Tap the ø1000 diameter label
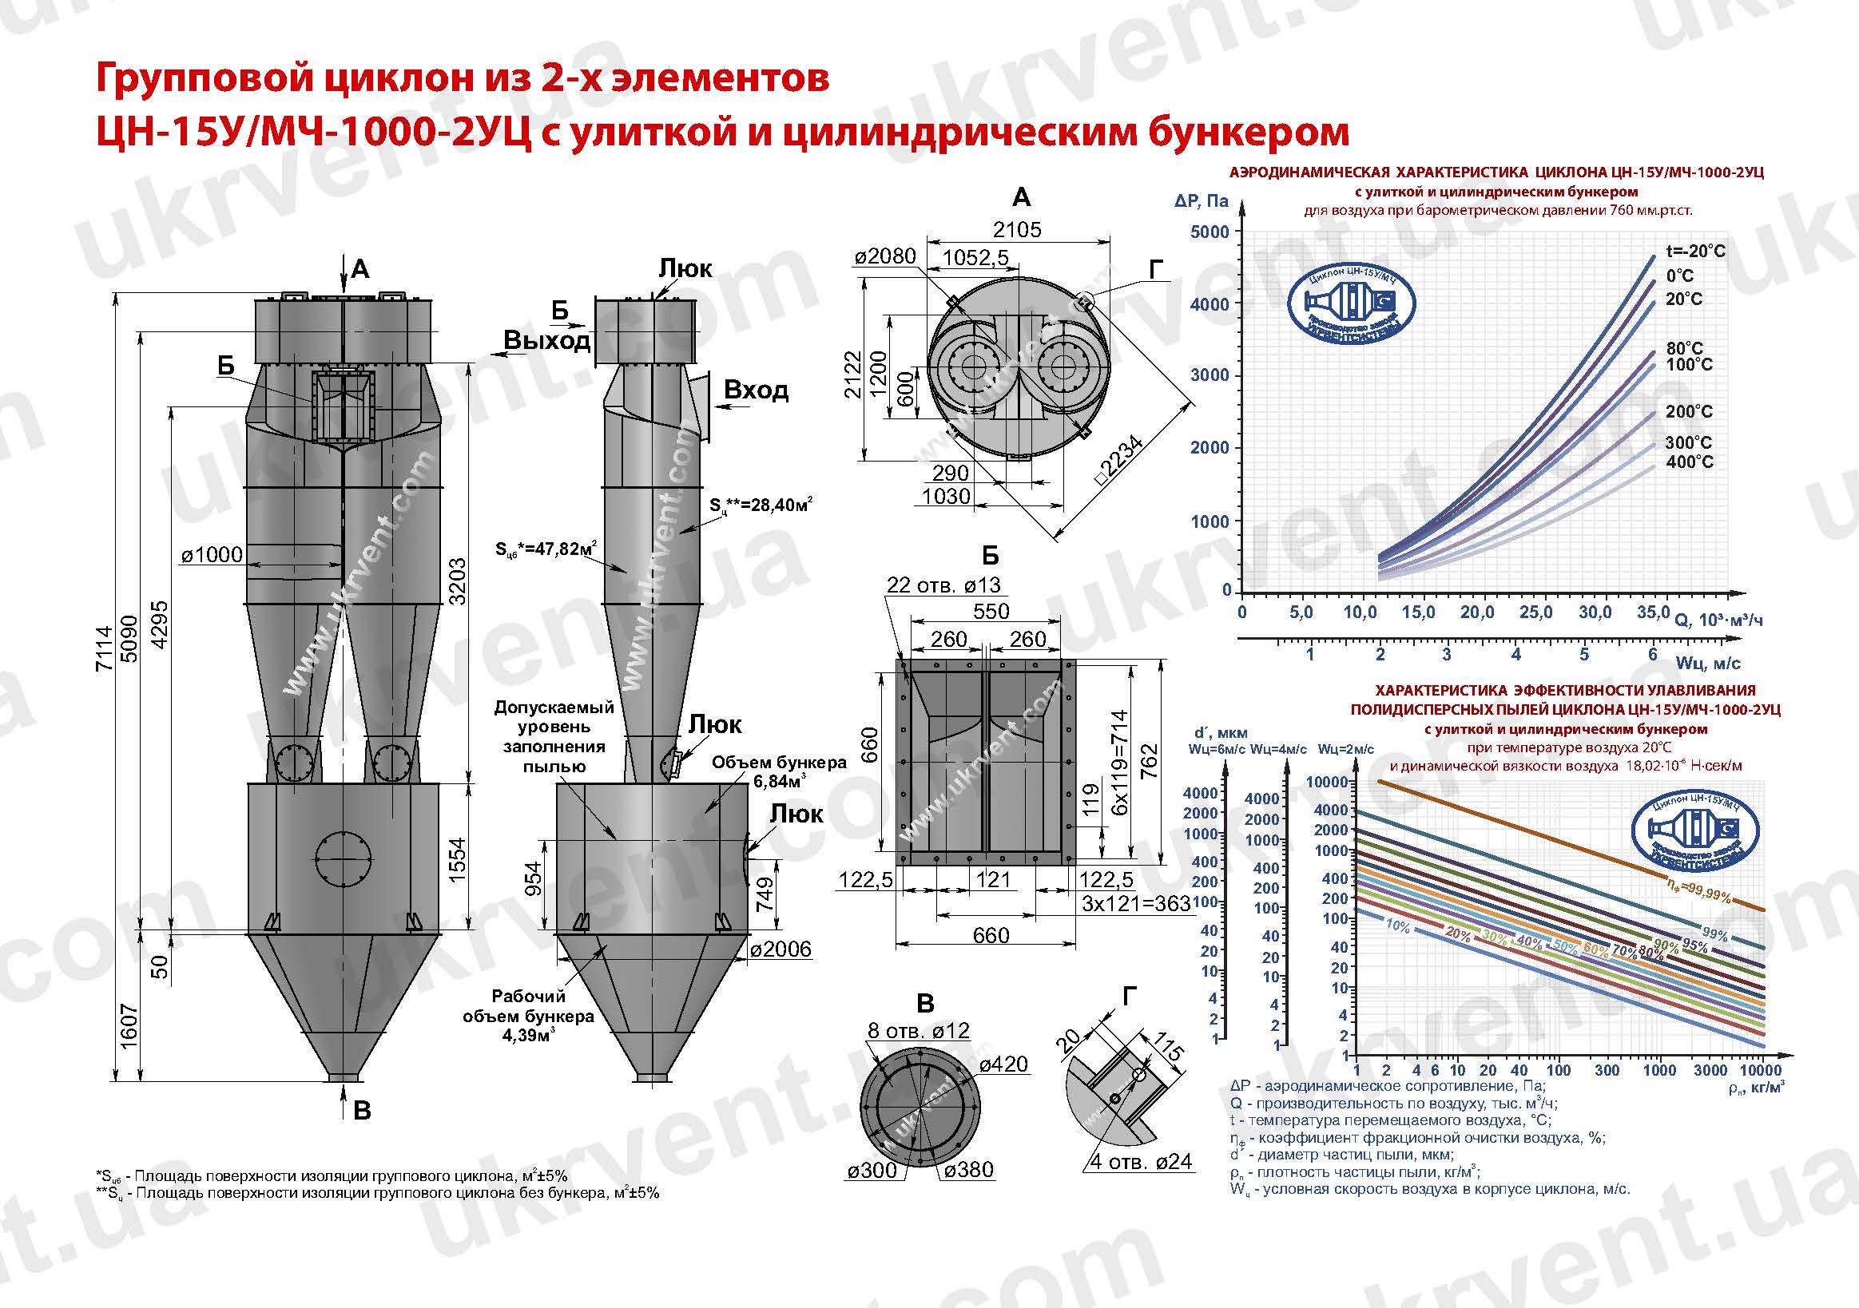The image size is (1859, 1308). click(213, 554)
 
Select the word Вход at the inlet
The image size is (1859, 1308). click(756, 390)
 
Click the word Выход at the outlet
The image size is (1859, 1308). click(546, 341)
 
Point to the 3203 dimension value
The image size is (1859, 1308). click(458, 581)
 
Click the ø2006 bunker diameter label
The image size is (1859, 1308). click(781, 949)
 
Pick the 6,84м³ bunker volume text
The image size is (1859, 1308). click(778, 782)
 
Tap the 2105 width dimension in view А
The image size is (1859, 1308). click(1018, 229)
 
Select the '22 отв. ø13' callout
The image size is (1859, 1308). click(943, 585)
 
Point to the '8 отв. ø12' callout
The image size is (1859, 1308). click(918, 1030)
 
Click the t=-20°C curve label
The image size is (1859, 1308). click(1694, 251)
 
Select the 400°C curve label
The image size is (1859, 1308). click(1689, 462)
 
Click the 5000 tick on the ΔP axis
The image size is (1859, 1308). click(1209, 232)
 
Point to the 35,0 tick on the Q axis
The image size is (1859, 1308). click(1653, 612)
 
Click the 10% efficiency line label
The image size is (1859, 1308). click(1397, 926)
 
